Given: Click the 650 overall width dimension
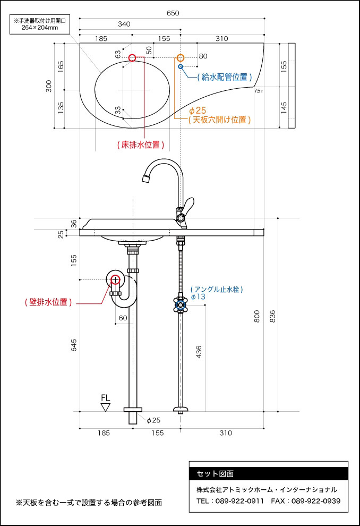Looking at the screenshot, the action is (173, 13).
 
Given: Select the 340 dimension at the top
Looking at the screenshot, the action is (124, 24).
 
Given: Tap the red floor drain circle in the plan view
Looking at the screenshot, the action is (132, 57).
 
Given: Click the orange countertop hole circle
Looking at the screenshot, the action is (181, 58).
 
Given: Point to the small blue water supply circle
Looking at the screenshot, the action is (181, 66).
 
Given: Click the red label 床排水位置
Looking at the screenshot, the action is (141, 145).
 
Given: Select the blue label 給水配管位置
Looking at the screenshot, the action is (225, 77).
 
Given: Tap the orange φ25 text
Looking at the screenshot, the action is (198, 111).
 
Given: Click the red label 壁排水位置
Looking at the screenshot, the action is (48, 302).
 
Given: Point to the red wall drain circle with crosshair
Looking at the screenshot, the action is (115, 279).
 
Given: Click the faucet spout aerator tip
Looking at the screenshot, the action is (146, 179).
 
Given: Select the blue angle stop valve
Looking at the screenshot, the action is (181, 305).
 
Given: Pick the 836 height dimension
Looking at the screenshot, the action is (272, 316).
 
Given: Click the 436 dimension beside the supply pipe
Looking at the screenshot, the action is (199, 352).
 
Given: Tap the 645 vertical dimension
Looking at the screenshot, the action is (74, 345).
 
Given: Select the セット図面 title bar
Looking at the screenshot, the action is (269, 474).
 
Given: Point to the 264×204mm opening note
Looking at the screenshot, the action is (40, 28).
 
